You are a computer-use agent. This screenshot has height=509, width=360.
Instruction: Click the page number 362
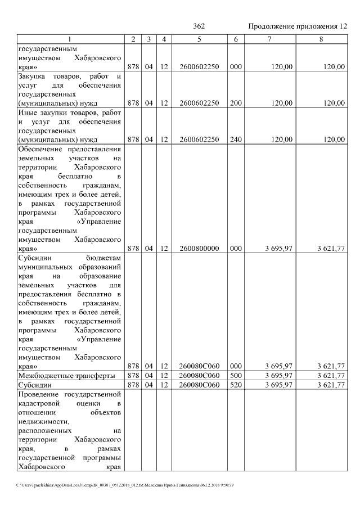(x=199, y=26)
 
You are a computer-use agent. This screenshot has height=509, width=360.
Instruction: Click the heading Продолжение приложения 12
(x=298, y=26)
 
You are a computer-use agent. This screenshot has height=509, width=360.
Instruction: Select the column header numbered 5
(x=199, y=39)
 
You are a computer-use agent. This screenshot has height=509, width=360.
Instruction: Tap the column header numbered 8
(x=322, y=39)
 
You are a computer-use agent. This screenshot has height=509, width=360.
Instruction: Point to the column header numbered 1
(x=70, y=39)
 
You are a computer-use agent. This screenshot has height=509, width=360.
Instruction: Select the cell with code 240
(x=236, y=139)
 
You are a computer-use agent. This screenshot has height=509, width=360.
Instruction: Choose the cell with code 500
(x=236, y=375)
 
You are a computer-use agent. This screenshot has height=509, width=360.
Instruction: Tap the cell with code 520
(x=236, y=385)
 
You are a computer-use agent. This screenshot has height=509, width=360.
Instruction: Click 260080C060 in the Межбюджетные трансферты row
(x=199, y=375)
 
